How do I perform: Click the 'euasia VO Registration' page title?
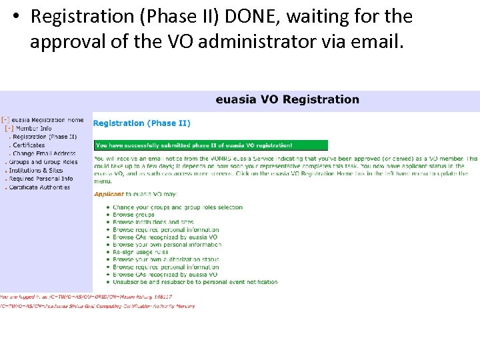287,100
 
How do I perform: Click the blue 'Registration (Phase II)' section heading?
141,123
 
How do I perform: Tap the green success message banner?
211,145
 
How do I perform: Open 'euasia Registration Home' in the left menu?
47,120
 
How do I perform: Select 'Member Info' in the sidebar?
33,128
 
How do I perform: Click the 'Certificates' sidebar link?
29,145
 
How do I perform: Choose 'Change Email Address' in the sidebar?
44,153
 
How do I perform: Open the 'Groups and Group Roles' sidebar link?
43,162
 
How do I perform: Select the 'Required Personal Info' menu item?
41,179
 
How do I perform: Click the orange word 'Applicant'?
109,195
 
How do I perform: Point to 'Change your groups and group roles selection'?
177,207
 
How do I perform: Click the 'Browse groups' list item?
133,215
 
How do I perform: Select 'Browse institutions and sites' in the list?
153,222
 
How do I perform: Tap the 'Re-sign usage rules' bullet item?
141,252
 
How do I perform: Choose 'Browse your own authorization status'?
166,259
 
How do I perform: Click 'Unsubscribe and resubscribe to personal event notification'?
195,282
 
